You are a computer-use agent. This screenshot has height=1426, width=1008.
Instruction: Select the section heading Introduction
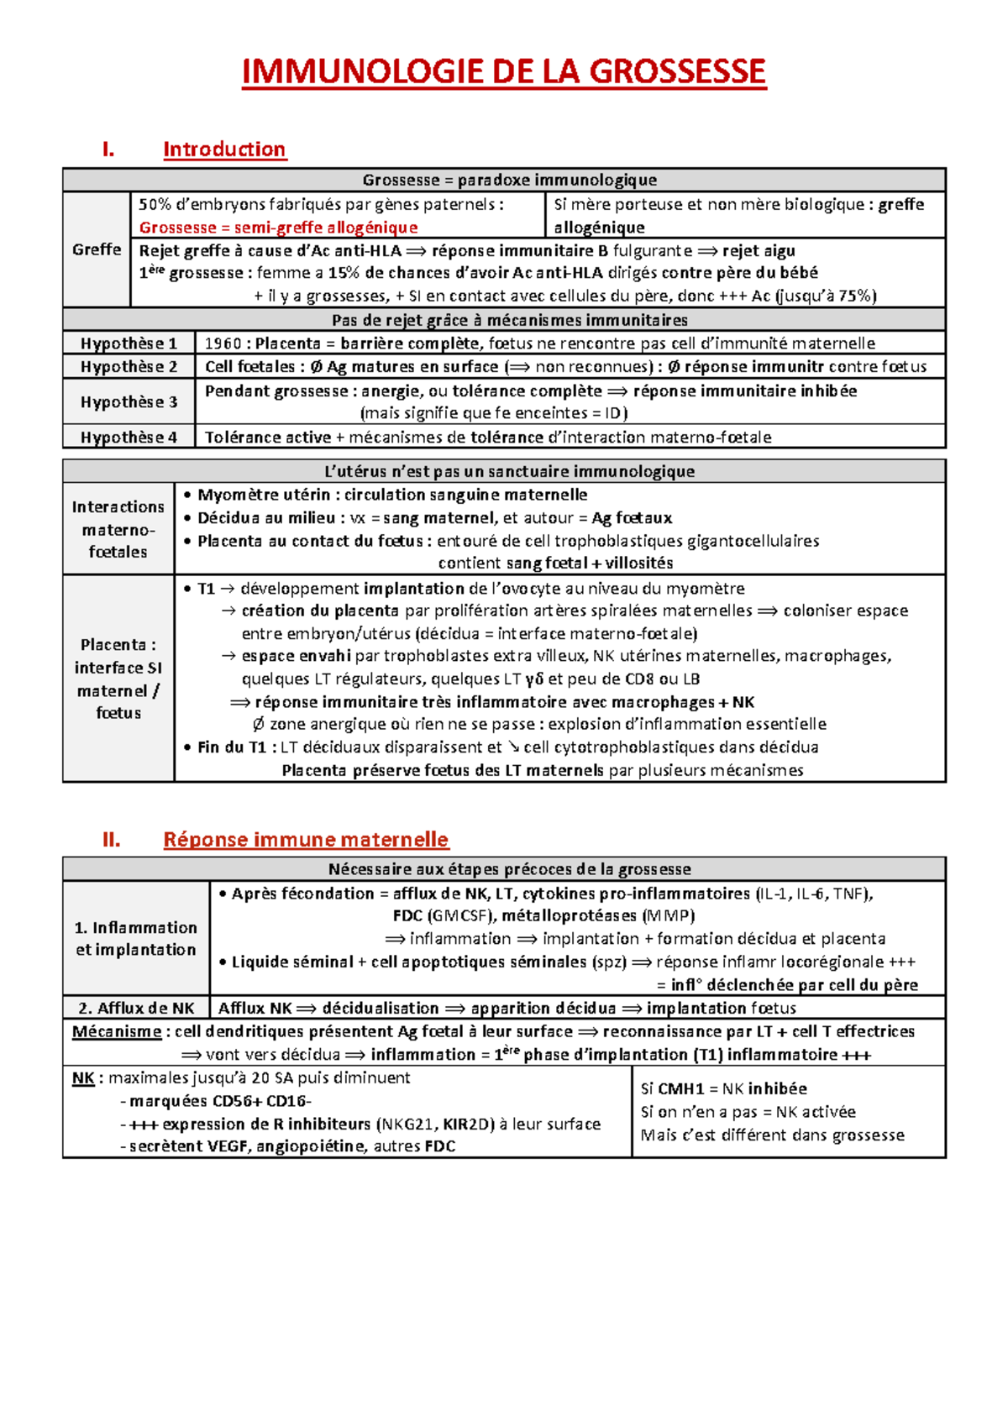coord(224,149)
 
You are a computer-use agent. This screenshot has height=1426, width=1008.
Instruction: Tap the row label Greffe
coord(97,249)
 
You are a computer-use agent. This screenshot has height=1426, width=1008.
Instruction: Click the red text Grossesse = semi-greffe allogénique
coord(278,228)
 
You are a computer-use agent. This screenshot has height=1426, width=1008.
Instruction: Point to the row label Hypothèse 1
coord(129,343)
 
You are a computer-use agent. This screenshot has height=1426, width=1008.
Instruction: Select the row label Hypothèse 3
coord(129,402)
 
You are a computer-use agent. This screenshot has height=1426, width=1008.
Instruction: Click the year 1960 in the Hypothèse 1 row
coord(223,343)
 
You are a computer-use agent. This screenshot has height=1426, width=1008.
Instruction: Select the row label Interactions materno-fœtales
coord(118,529)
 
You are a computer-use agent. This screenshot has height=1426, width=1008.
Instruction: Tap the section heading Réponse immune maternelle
coord(306,840)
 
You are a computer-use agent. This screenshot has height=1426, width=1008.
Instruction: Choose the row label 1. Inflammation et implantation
coord(135,939)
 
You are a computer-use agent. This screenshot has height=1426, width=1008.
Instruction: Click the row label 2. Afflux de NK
coord(136,1009)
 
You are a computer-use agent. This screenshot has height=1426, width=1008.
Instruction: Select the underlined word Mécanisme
coord(116,1032)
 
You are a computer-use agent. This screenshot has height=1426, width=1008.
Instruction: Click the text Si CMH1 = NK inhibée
coord(723,1089)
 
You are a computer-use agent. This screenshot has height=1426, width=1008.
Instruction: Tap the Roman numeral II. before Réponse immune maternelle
coord(111,840)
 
